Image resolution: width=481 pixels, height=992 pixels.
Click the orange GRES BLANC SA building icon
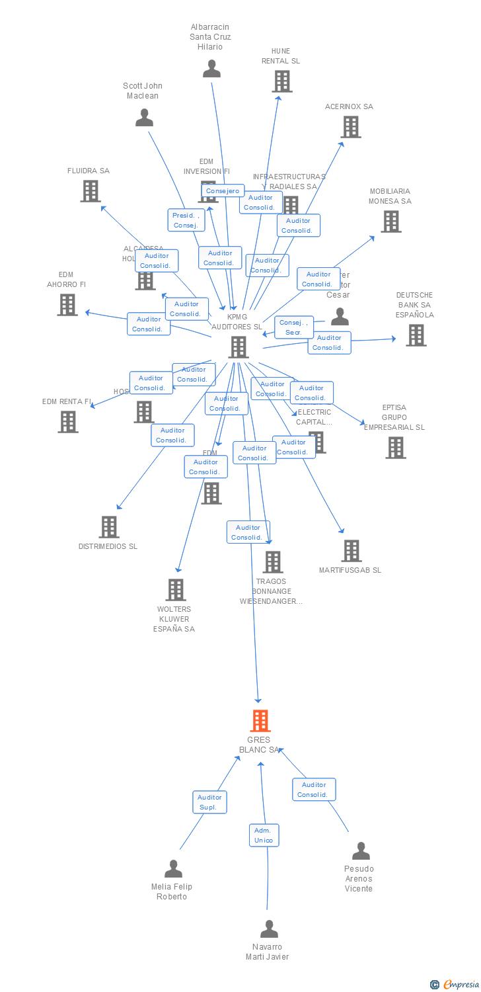click(260, 720)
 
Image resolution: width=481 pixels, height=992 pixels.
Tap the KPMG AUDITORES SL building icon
click(239, 347)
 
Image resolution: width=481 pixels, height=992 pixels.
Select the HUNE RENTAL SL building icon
click(282, 81)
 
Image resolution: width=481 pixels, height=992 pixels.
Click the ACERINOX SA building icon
click(351, 127)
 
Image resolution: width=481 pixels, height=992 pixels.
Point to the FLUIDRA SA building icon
click(91, 191)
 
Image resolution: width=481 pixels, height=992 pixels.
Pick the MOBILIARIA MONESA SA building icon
click(391, 222)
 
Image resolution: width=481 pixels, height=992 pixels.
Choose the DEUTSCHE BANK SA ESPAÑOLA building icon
click(416, 335)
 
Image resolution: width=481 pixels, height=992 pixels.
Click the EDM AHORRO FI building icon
click(67, 305)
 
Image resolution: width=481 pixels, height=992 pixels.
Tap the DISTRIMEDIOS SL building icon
click(109, 527)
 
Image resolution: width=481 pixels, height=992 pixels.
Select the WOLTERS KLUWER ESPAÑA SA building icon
click(176, 590)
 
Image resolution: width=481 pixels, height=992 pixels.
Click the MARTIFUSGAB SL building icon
click(351, 551)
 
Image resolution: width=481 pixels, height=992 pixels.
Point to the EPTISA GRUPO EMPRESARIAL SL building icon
click(396, 448)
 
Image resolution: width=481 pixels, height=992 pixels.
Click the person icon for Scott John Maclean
click(144, 118)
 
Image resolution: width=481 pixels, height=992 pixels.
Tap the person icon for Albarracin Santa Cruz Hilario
click(211, 69)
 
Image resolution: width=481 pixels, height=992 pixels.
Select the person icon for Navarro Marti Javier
click(269, 929)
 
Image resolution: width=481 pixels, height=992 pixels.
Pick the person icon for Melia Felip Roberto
click(173, 869)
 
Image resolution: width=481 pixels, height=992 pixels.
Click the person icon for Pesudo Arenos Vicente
click(361, 851)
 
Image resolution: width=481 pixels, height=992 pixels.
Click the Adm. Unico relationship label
click(264, 835)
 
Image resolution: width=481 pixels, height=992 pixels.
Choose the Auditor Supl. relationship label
click(209, 802)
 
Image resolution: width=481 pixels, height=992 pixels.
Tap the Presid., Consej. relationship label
click(186, 220)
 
